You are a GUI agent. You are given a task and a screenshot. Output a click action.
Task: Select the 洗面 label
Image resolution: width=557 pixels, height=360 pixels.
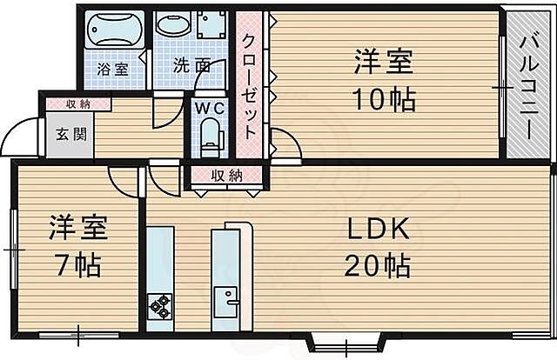pyautogui.click(x=189, y=65)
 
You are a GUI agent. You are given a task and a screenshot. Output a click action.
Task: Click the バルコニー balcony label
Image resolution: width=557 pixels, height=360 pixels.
pyautogui.click(x=529, y=84)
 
